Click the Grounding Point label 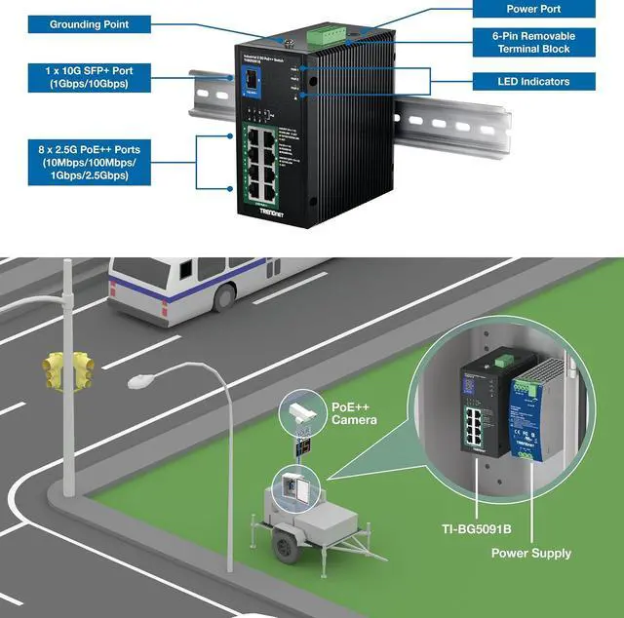[x=88, y=23]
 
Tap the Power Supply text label [x=532, y=554]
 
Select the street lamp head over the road [x=142, y=376]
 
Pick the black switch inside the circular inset [x=484, y=408]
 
